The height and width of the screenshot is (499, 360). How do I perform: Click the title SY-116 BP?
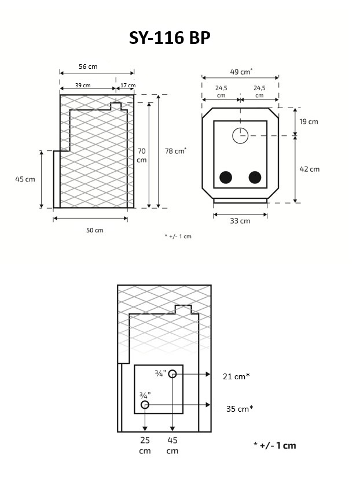(x=170, y=38)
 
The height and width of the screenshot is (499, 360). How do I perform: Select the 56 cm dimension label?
(x=88, y=66)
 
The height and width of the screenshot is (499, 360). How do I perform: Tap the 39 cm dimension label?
(x=83, y=86)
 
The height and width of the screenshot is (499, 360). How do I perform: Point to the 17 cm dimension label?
(x=127, y=86)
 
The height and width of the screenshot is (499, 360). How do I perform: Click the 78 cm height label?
(x=175, y=151)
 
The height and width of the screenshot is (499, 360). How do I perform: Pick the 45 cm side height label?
(x=25, y=179)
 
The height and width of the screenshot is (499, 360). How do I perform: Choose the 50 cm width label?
(x=95, y=230)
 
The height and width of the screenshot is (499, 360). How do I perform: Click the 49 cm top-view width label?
(x=241, y=72)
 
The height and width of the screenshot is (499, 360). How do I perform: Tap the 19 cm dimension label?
(x=309, y=122)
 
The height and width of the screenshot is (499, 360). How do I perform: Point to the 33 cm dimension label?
(x=240, y=221)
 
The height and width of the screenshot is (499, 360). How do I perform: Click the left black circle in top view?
(x=226, y=178)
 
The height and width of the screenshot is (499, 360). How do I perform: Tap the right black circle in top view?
(x=255, y=178)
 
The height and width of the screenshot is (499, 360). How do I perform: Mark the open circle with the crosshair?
(x=240, y=136)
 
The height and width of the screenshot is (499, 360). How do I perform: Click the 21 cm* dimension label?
(x=236, y=376)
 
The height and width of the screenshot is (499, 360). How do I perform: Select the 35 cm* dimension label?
(x=239, y=409)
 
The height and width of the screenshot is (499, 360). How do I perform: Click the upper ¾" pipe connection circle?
(x=172, y=374)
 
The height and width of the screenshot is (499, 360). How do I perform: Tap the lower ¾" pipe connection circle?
(x=145, y=405)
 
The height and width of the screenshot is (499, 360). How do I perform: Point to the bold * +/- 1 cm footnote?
(x=274, y=445)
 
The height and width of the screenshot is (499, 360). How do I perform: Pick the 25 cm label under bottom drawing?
(x=145, y=445)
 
